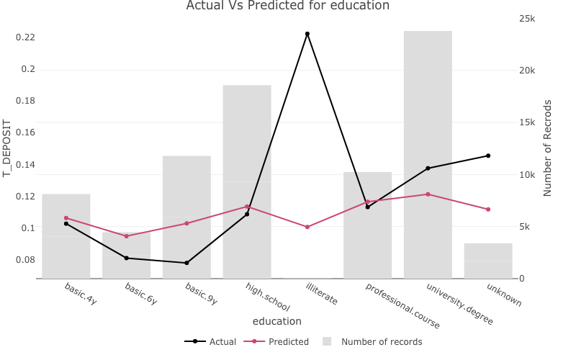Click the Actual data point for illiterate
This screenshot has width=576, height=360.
307,34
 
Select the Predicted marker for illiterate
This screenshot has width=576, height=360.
307,227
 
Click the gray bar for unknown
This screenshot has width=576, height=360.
488,261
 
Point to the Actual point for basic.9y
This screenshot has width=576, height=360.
186,263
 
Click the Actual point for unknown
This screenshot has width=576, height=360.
488,156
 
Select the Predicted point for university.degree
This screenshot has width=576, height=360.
428,194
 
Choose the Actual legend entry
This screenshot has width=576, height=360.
210,342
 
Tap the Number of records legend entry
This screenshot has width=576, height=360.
373,342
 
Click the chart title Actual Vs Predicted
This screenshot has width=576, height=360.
287,6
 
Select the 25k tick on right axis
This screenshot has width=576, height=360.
528,19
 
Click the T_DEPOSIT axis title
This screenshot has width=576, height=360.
8,148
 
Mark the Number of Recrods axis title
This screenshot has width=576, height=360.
548,148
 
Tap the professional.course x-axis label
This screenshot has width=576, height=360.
402,306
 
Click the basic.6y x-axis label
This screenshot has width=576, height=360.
141,294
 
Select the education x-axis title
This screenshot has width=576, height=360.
277,321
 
